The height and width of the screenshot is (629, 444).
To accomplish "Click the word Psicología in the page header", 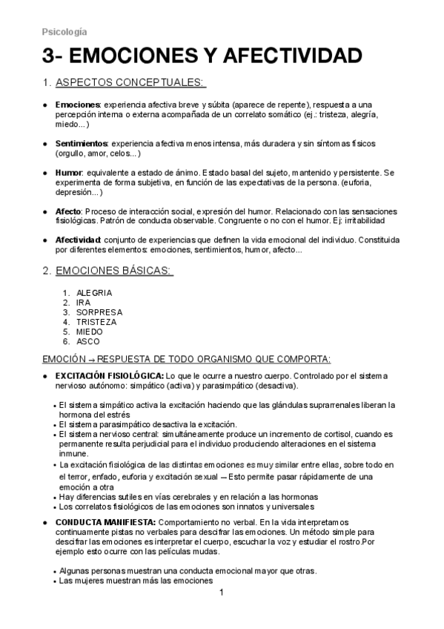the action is coord(64,32).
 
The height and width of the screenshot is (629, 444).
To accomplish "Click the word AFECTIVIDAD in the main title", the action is coord(279,58).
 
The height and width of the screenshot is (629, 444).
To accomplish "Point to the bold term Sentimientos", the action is coord(82,142).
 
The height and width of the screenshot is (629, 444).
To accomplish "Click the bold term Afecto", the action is coord(69,211).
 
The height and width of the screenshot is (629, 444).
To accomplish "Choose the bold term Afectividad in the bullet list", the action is coord(78,241).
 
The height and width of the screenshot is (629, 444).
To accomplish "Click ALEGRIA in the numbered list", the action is coord(94,292).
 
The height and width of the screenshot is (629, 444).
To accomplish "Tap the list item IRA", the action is coord(83,303).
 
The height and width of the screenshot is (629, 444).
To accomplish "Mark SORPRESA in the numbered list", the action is coord(99,312).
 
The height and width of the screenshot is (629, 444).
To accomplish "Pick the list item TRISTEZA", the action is coord(97,322).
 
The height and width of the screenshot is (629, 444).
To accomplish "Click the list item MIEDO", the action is coord(90,332).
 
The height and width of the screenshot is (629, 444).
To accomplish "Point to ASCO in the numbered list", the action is coord(88,341).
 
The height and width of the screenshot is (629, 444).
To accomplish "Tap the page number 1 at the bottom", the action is coord(222,593).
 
